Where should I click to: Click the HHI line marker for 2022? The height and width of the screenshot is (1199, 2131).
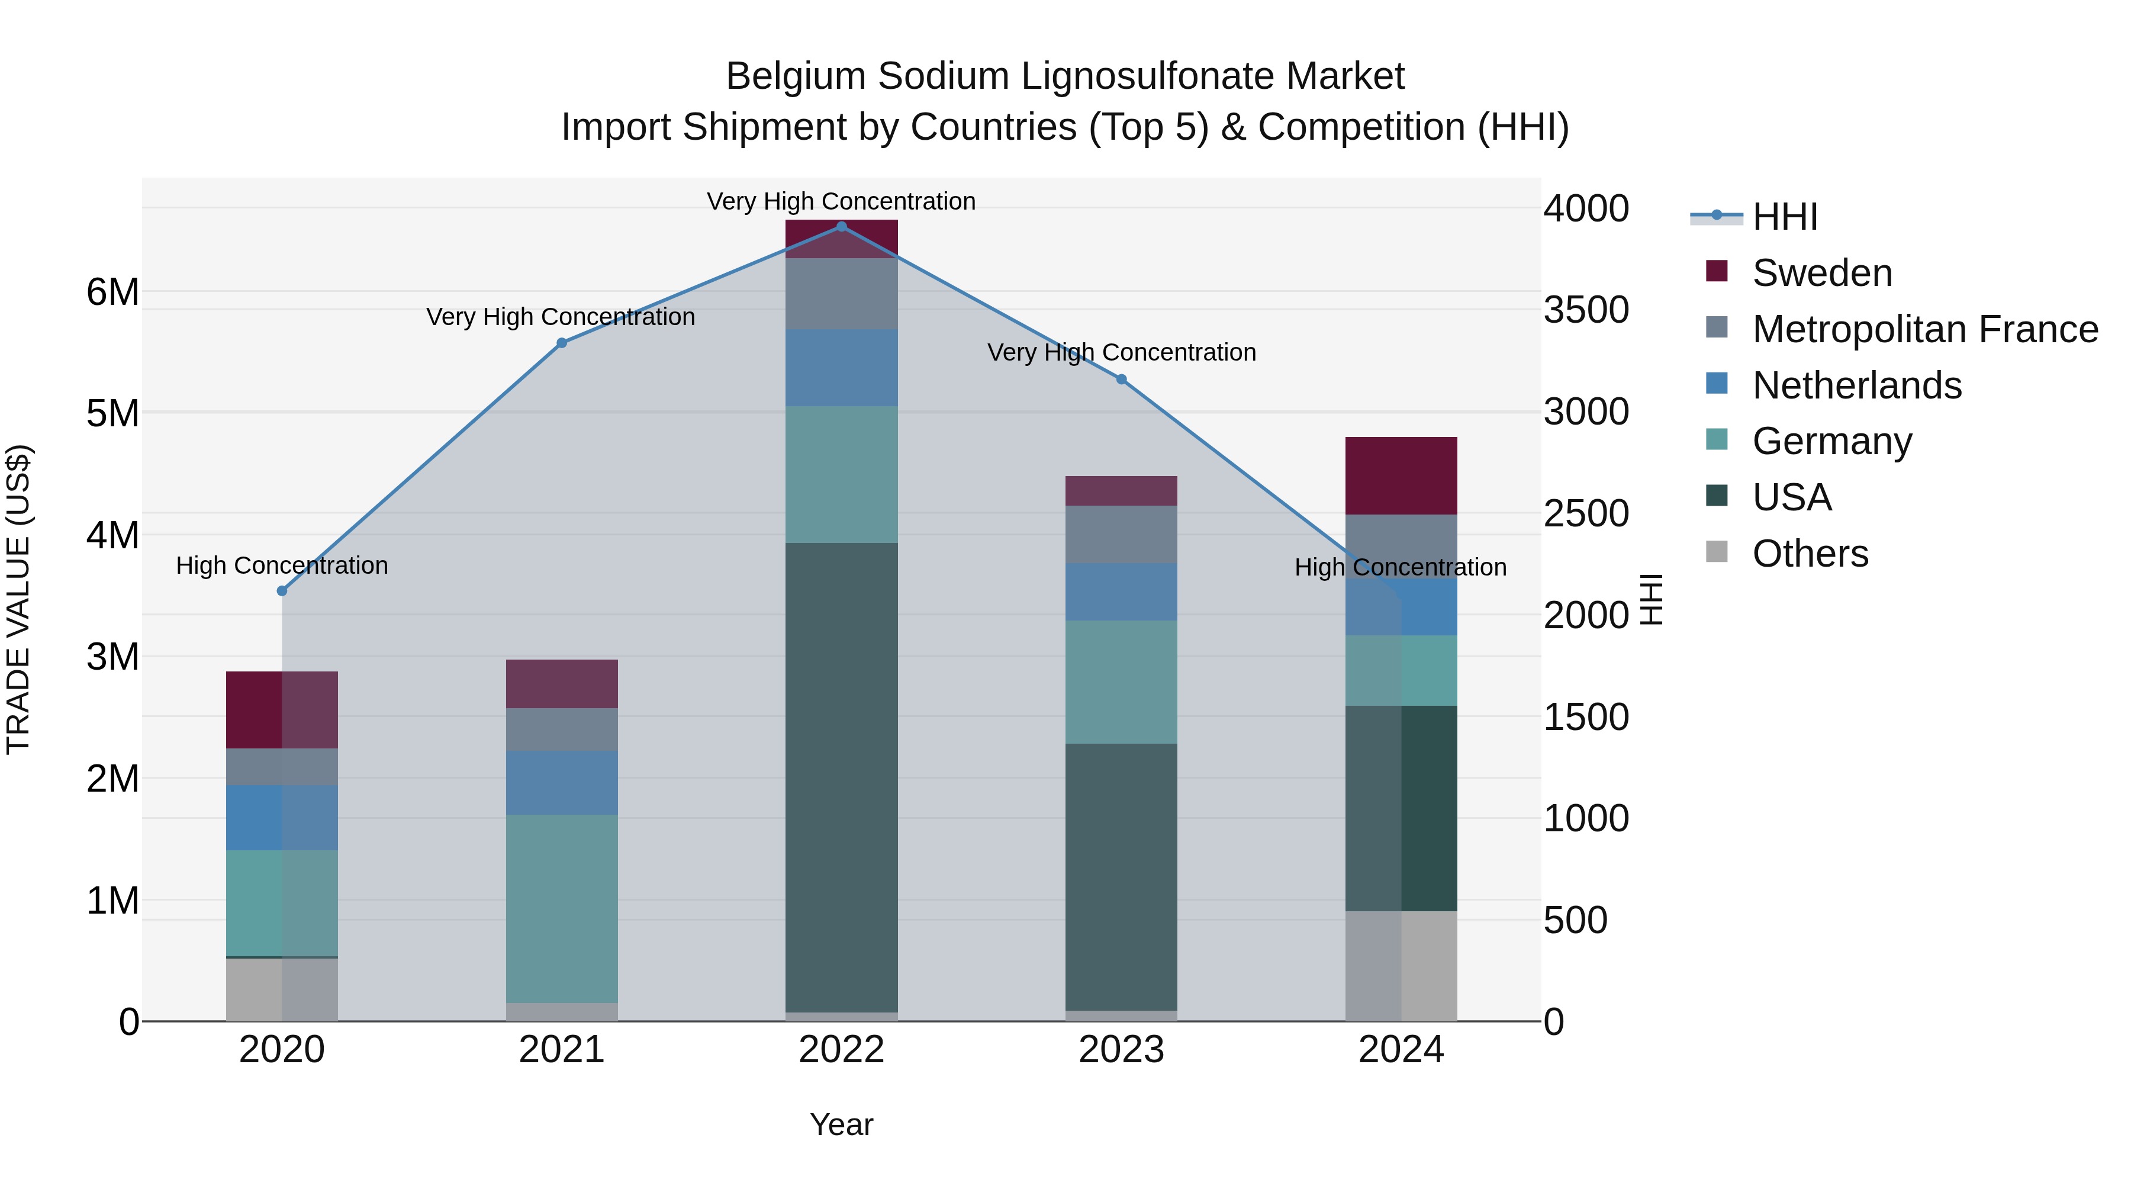pyautogui.click(x=841, y=227)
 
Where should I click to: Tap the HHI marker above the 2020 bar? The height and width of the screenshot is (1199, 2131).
pyautogui.click(x=282, y=591)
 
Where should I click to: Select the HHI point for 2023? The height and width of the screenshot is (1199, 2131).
pyautogui.click(x=1121, y=380)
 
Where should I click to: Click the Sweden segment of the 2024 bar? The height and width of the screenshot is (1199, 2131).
pyautogui.click(x=1401, y=476)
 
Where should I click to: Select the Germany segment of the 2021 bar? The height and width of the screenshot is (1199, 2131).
pyautogui.click(x=562, y=908)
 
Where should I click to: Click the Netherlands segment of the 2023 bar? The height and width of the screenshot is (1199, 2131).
pyautogui.click(x=1121, y=592)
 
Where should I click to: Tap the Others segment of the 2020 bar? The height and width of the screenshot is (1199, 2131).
pyautogui.click(x=282, y=989)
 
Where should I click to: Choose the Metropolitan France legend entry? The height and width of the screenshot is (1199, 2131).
pyautogui.click(x=1924, y=329)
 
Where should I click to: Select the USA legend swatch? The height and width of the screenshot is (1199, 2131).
pyautogui.click(x=1717, y=497)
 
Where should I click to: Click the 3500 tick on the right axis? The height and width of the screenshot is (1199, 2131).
pyautogui.click(x=1586, y=310)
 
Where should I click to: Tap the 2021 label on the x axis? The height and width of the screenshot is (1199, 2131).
pyautogui.click(x=562, y=1050)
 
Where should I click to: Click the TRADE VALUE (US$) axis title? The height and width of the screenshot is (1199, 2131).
pyautogui.click(x=18, y=599)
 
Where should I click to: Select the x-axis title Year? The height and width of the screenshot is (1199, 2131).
pyautogui.click(x=841, y=1124)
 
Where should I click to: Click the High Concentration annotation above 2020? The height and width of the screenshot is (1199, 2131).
pyautogui.click(x=282, y=566)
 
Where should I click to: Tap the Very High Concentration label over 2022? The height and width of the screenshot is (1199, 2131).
pyautogui.click(x=841, y=201)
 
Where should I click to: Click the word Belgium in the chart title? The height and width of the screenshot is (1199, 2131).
pyautogui.click(x=795, y=76)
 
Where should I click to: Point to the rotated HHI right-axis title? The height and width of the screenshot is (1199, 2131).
pyautogui.click(x=1651, y=599)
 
